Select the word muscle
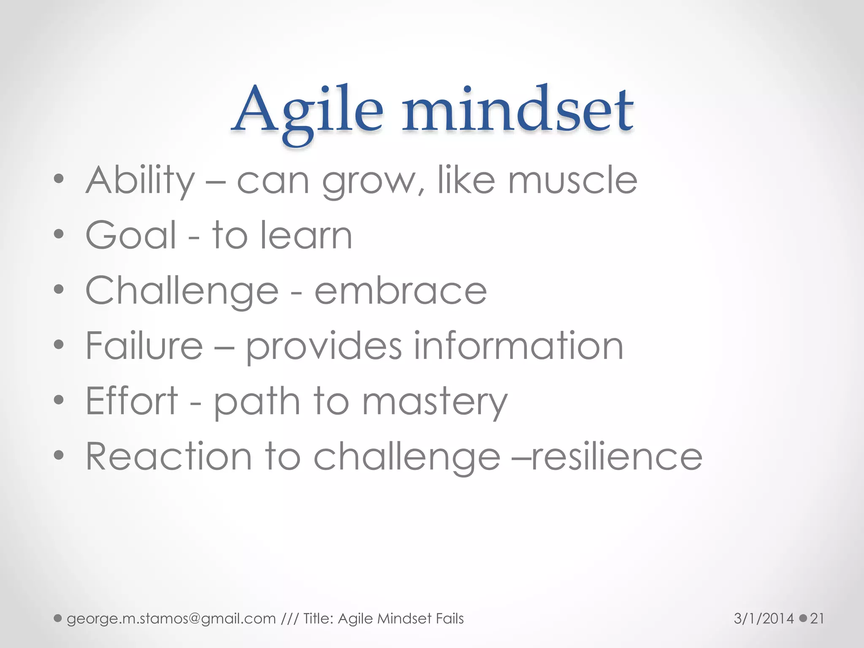tap(572, 181)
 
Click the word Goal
tap(131, 235)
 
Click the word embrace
tap(401, 291)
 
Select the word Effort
tap(132, 401)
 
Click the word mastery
tap(435, 403)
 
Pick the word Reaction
tap(169, 456)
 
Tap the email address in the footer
tap(171, 619)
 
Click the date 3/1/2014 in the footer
tap(764, 619)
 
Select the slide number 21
tap(817, 619)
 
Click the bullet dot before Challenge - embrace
tap(59, 290)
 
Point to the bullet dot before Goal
tap(59, 234)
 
